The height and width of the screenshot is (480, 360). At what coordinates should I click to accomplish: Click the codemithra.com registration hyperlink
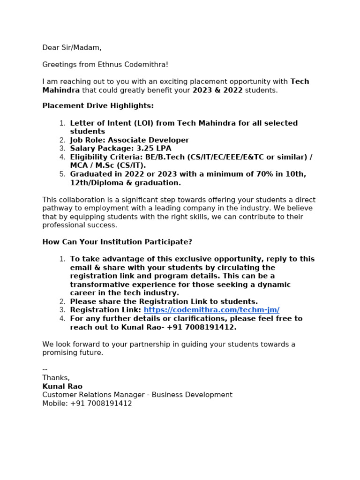point(211,310)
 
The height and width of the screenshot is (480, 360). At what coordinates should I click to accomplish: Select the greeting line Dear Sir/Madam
point(72,47)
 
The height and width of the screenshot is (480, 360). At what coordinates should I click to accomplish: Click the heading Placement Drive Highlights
point(98,106)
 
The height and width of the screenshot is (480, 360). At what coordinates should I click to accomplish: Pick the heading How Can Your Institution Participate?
point(117,242)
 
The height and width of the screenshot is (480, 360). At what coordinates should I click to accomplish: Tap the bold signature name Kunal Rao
point(62,386)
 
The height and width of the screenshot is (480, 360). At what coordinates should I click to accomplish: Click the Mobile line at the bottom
point(87,403)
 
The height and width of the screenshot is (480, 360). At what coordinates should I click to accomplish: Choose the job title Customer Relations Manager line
point(137,395)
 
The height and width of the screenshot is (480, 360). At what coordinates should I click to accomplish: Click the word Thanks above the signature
point(56,378)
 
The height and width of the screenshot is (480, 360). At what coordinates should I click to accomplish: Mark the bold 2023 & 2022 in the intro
point(217,90)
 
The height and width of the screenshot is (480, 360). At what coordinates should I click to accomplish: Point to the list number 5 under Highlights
point(62,174)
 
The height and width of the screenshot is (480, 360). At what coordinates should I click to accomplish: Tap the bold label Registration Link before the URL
point(105,310)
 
